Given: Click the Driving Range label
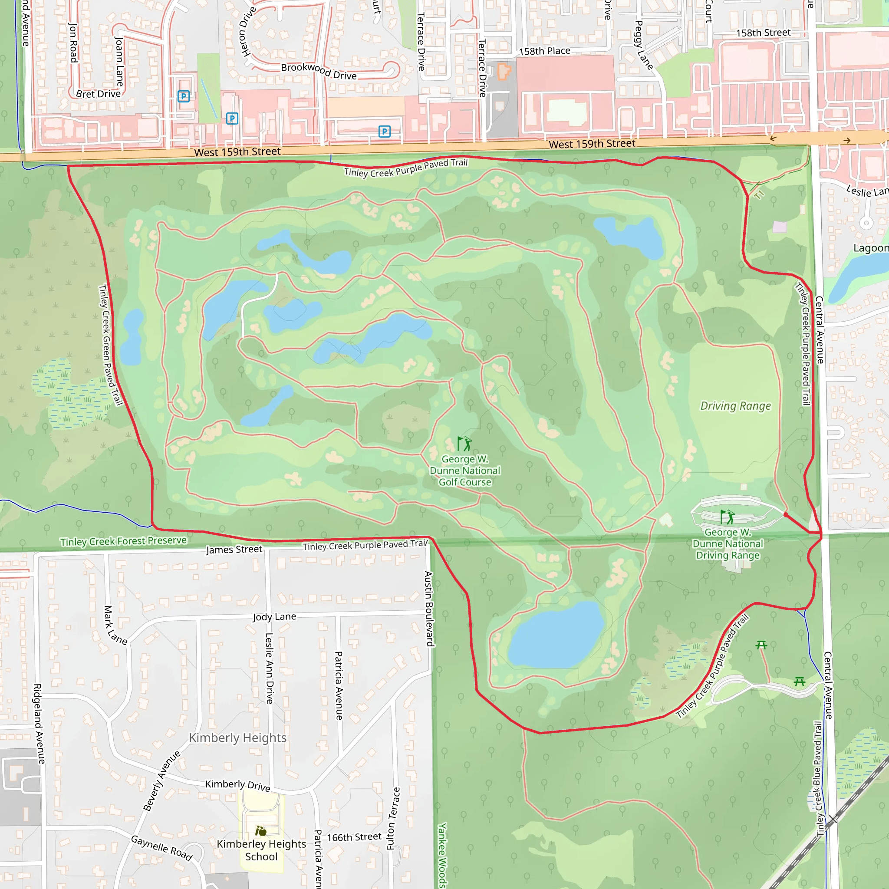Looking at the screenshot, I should click(x=735, y=406).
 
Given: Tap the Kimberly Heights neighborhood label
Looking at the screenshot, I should click(x=237, y=738).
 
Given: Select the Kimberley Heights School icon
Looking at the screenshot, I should click(x=261, y=831).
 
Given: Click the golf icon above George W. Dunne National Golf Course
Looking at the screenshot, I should click(x=464, y=444).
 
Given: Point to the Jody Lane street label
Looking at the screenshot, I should click(x=274, y=616).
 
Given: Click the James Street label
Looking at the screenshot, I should click(x=234, y=549).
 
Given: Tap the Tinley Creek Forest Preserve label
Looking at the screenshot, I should click(x=123, y=541).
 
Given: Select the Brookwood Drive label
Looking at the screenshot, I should click(x=319, y=71).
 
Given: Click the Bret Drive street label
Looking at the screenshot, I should click(x=98, y=94).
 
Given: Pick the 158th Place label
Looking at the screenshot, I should click(x=544, y=51).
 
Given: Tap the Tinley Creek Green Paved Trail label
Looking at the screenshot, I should click(x=111, y=345).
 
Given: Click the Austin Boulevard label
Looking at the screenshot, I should click(x=429, y=608).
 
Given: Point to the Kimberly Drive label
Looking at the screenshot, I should click(x=237, y=785).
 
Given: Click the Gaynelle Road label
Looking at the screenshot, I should click(x=161, y=848).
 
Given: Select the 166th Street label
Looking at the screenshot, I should click(x=354, y=837).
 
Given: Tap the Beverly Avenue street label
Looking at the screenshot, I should click(x=161, y=781).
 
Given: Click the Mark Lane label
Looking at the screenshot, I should click(x=115, y=625).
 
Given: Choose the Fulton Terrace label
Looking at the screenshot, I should click(x=393, y=818).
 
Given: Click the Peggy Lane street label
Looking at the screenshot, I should click(x=644, y=45).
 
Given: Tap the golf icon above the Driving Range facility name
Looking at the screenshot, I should click(x=727, y=517).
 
